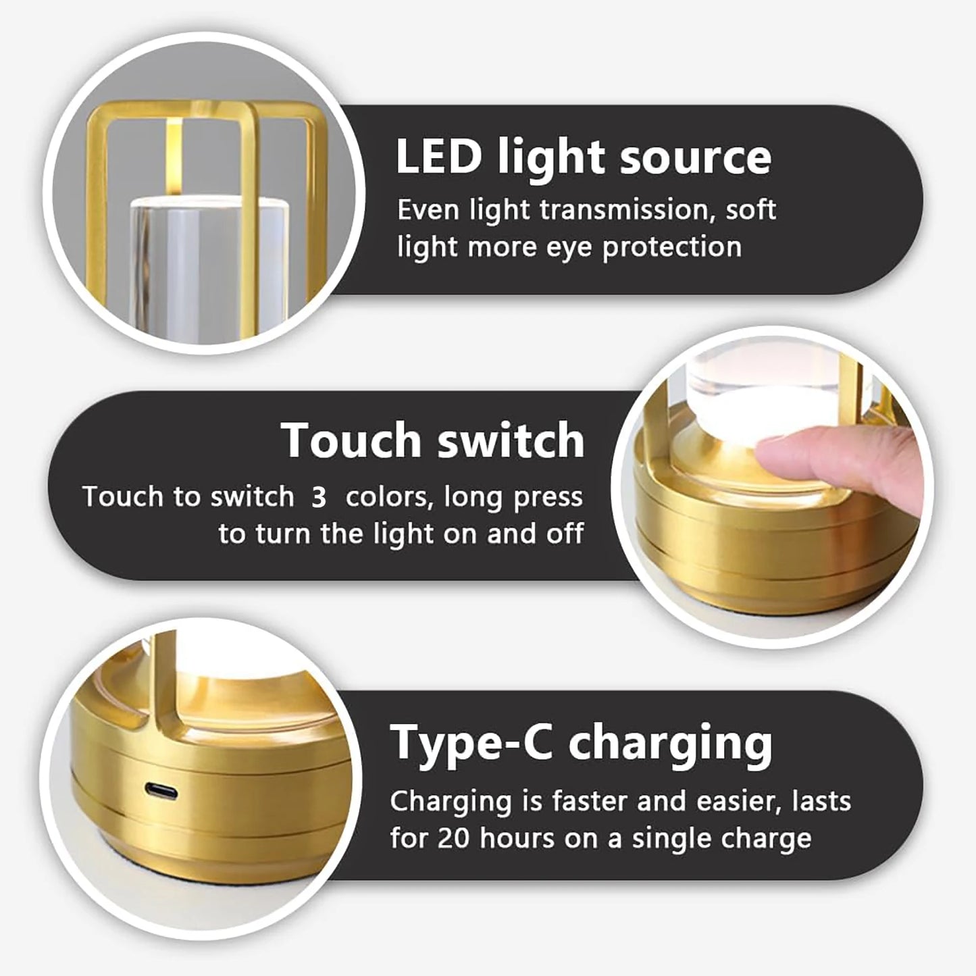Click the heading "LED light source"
coord(583,157)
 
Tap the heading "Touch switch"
coord(432,440)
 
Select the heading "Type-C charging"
coord(581,743)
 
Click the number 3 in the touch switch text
coord(319,498)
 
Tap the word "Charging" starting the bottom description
coord(451,802)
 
